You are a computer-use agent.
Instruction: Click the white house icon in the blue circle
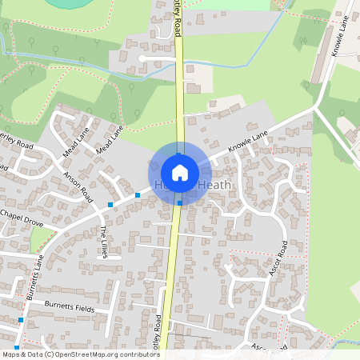(180, 172)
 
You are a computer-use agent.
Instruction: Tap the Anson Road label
(79, 189)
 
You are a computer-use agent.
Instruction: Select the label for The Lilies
(103, 242)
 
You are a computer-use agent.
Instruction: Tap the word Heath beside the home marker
(214, 186)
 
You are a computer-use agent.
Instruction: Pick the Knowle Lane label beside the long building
(340, 38)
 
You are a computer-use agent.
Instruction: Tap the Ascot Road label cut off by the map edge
(268, 349)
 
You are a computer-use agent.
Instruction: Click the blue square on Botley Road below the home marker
(179, 203)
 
